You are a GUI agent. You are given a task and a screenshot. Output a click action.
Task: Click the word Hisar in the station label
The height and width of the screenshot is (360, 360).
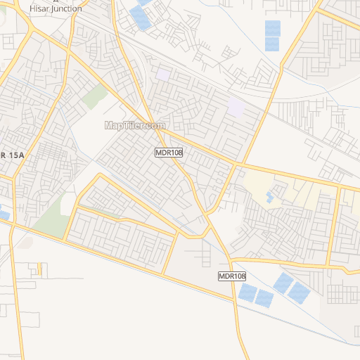point(40,9)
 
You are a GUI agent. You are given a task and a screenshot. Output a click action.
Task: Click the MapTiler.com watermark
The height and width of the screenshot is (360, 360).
point(135,125)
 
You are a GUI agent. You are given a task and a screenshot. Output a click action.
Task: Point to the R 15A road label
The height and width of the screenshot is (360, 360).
point(12,155)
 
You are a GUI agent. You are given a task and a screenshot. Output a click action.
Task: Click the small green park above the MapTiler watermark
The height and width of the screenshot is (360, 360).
point(94,96)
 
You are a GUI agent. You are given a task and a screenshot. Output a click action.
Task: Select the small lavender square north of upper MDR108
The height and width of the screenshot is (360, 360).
point(163,74)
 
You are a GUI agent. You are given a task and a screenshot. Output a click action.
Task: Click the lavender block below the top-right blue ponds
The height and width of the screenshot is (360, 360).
point(236,108)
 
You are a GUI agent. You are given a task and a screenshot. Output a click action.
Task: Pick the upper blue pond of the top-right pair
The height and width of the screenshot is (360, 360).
point(272,28)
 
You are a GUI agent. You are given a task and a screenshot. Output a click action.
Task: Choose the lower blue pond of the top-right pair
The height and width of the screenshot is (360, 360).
point(272,44)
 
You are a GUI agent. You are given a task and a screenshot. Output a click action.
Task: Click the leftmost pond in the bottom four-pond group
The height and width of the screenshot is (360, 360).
point(247,292)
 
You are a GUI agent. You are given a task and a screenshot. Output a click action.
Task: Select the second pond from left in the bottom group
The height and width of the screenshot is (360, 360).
point(264,297)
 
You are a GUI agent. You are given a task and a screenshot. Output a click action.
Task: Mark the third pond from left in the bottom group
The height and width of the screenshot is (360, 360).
point(283,283)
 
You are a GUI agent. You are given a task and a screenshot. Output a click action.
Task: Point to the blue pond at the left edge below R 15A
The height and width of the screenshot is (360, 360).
point(4,214)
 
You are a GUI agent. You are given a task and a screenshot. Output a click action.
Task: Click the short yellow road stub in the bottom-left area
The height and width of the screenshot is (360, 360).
point(40,269)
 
